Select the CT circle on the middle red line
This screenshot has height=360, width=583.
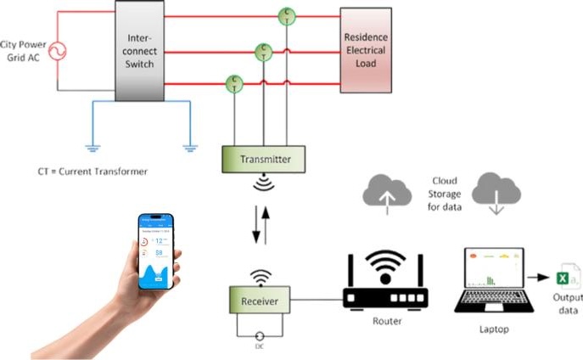click(x=265, y=50)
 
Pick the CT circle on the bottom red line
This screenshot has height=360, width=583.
click(x=234, y=82)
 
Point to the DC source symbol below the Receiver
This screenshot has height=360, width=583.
click(x=260, y=335)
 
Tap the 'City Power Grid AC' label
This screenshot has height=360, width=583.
click(x=23, y=52)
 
